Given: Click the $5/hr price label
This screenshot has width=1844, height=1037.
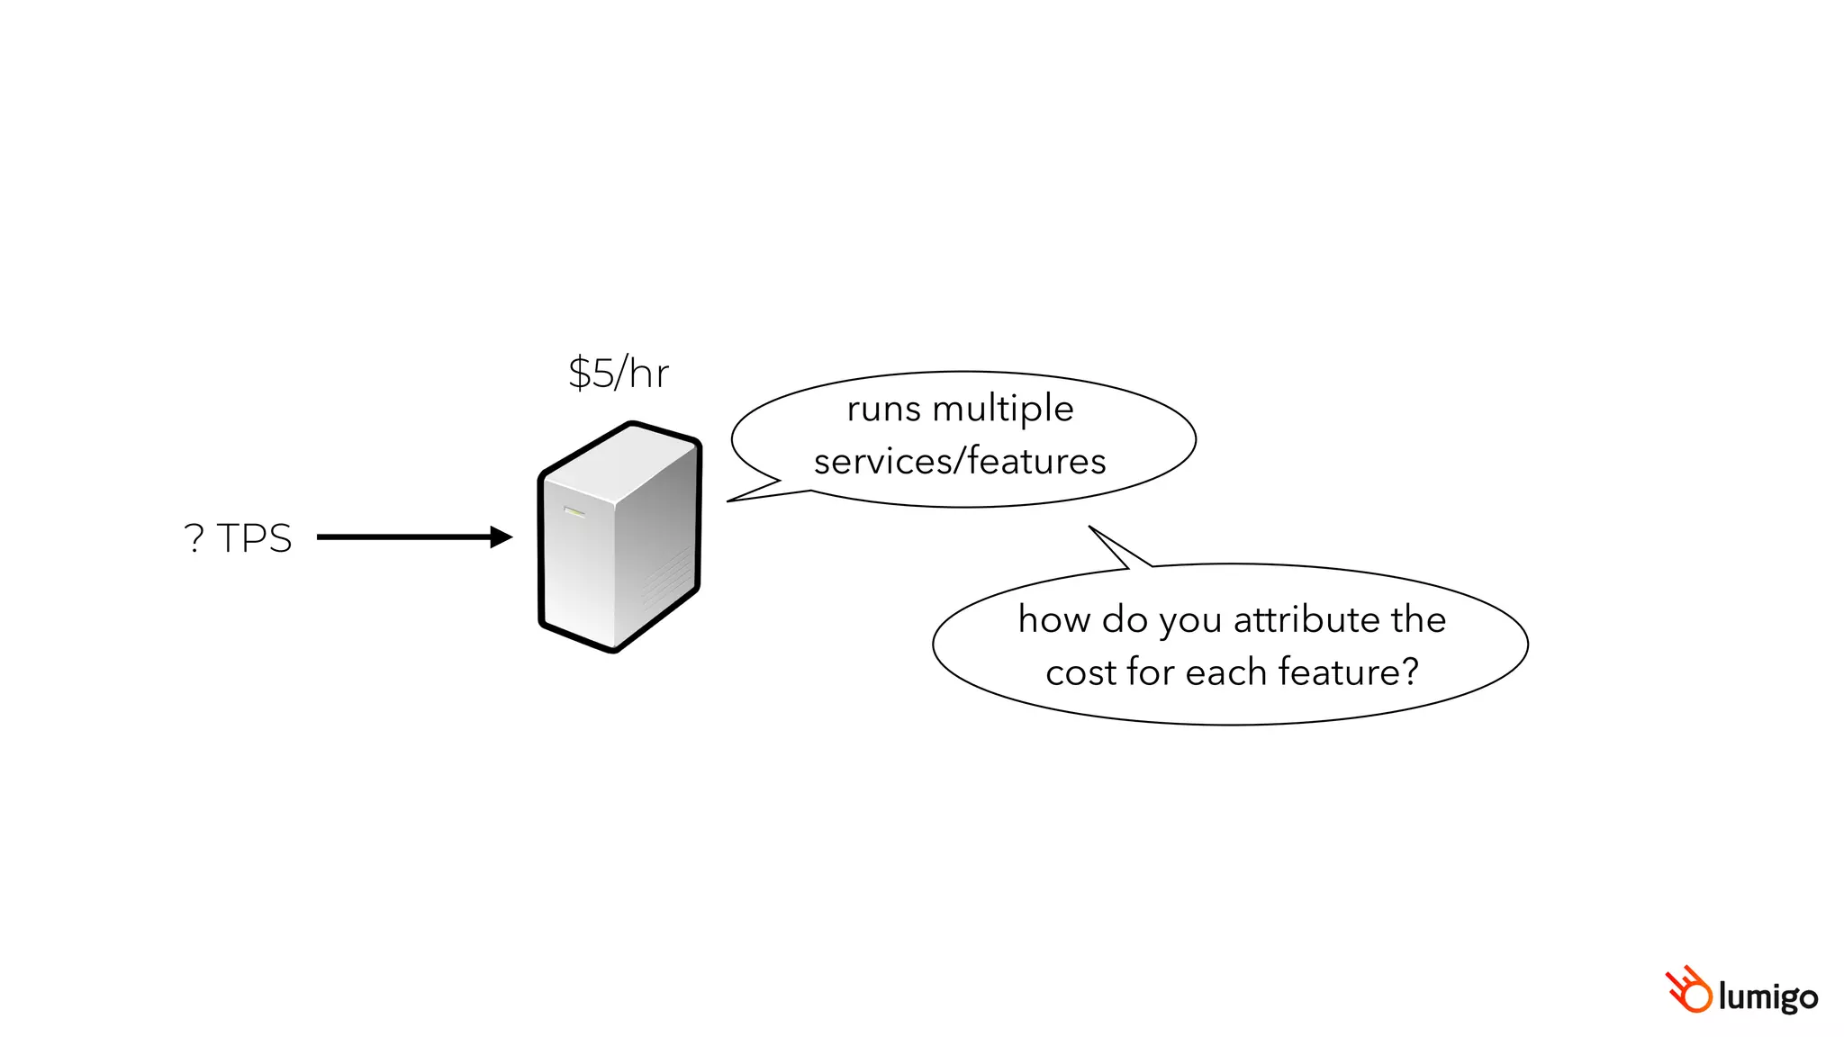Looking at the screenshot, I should click(619, 373).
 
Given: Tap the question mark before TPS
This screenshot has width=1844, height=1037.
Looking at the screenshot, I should click(194, 538).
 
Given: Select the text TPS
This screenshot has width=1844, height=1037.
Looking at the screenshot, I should click(255, 538).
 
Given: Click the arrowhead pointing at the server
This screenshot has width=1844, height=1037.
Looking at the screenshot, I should click(501, 537).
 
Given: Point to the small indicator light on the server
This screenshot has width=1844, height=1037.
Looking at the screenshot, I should click(574, 512).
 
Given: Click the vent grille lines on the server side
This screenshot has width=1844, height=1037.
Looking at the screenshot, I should click(668, 576).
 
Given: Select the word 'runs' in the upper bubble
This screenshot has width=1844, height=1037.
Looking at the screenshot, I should click(883, 410).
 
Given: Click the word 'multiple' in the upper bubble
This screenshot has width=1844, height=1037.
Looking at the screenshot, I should click(1003, 410).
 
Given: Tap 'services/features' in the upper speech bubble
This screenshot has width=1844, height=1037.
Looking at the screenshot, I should click(960, 461).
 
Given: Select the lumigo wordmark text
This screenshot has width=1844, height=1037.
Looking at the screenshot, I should click(1767, 996).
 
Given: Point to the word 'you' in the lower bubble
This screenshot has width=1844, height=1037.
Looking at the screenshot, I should click(1189, 621).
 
